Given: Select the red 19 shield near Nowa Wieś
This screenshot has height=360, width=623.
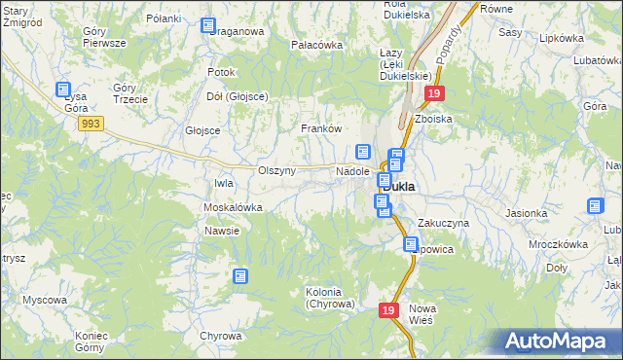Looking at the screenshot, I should pyautogui.click(x=388, y=309).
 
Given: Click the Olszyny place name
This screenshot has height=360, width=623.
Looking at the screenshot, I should pyautogui.click(x=276, y=170).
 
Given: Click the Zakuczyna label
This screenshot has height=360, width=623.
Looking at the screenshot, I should pyautogui.click(x=444, y=223).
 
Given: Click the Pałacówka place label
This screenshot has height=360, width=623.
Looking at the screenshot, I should pyautogui.click(x=317, y=45).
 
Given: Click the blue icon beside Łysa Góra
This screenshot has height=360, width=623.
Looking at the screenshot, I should pyautogui.click(x=63, y=89).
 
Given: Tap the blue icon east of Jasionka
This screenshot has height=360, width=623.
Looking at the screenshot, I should pyautogui.click(x=596, y=205).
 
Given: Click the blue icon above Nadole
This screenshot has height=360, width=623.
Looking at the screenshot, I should pyautogui.click(x=363, y=152).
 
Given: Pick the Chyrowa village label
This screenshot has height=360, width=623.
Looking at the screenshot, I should pyautogui.click(x=220, y=336).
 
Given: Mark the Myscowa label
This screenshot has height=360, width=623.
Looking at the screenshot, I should pyautogui.click(x=45, y=300).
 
